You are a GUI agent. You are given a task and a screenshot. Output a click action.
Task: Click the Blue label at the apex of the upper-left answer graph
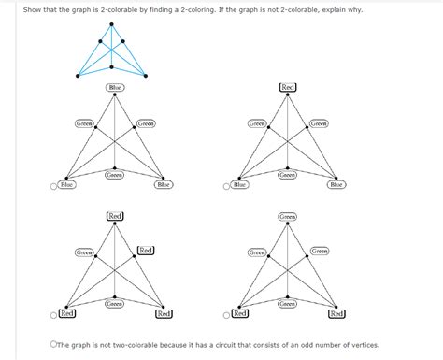(115, 87)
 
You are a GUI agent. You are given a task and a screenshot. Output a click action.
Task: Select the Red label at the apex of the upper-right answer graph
(288, 87)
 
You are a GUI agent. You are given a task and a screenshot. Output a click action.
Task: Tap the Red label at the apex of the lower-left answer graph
(115, 216)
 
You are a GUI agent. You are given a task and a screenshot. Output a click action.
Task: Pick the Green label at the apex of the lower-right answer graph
(288, 216)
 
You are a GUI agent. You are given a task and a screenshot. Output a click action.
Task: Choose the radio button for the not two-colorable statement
(55, 343)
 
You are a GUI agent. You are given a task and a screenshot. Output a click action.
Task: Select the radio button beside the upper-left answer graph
(54, 186)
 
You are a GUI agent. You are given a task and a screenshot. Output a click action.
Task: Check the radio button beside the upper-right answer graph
(227, 186)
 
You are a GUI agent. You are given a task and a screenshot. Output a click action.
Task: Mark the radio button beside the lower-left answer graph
(54, 313)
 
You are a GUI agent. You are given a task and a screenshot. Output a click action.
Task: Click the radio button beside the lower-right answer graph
(227, 313)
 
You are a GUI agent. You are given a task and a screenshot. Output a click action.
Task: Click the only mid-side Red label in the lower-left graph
(146, 251)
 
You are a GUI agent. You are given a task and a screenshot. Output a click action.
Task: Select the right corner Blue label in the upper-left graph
(164, 185)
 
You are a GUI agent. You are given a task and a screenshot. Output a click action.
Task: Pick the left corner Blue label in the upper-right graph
(240, 185)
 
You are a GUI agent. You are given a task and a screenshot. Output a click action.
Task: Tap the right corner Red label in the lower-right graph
(336, 313)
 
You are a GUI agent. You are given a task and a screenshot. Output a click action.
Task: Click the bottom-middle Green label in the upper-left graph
(115, 175)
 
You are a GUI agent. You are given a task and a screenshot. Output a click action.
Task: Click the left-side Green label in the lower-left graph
(83, 252)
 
